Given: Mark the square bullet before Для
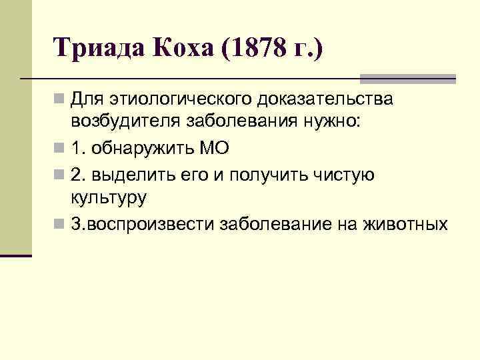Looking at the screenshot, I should point(61,101).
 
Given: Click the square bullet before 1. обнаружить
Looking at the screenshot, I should point(61,149).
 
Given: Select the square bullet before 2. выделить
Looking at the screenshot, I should point(61,175).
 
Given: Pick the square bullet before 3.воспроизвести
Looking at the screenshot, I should point(61,224).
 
